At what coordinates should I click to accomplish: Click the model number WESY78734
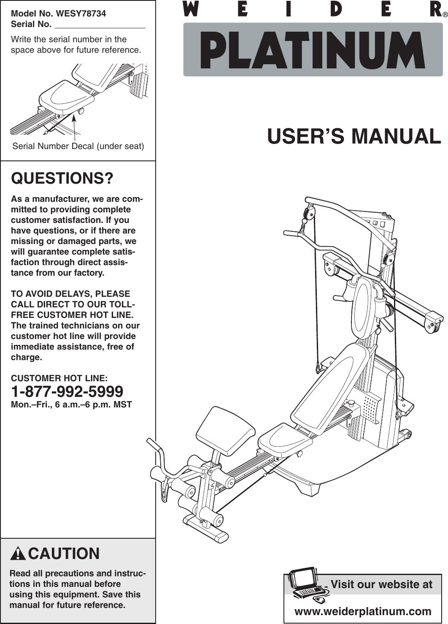[x=81, y=14]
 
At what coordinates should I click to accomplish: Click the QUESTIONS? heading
[x=62, y=179]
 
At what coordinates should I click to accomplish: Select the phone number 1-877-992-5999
[x=67, y=391]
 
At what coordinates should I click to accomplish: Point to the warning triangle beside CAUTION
[x=18, y=553]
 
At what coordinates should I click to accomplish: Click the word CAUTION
[x=64, y=553]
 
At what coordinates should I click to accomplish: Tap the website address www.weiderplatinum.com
[x=362, y=611]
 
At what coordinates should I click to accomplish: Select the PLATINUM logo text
[x=313, y=50]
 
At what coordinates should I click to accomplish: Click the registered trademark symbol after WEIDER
[x=445, y=15]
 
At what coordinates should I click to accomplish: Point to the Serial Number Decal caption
[x=78, y=146]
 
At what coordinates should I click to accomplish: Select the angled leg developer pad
[x=226, y=429]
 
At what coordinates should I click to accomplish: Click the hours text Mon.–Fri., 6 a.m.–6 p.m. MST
[x=71, y=404]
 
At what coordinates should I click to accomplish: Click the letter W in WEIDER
[x=191, y=9]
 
